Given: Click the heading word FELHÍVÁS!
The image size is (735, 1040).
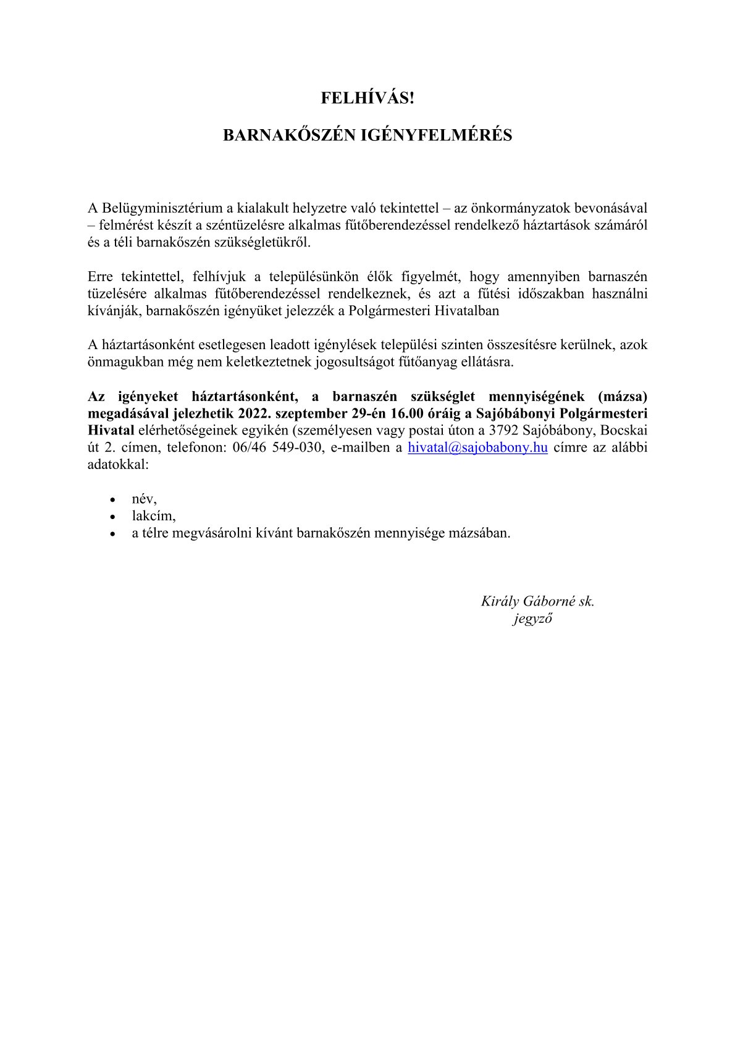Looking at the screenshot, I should pyautogui.click(x=367, y=98).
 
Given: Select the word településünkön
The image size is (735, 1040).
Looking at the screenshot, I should pyautogui.click(x=314, y=276).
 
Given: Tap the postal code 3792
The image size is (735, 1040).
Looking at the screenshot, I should pyautogui.click(x=505, y=431).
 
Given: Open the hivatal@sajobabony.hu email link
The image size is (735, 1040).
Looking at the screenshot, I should pyautogui.click(x=478, y=448).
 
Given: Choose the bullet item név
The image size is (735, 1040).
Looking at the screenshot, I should pyautogui.click(x=144, y=498).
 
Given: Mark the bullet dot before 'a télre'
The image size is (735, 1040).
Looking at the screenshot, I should pyautogui.click(x=112, y=533).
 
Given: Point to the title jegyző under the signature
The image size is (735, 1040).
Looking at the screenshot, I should pyautogui.click(x=532, y=618).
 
